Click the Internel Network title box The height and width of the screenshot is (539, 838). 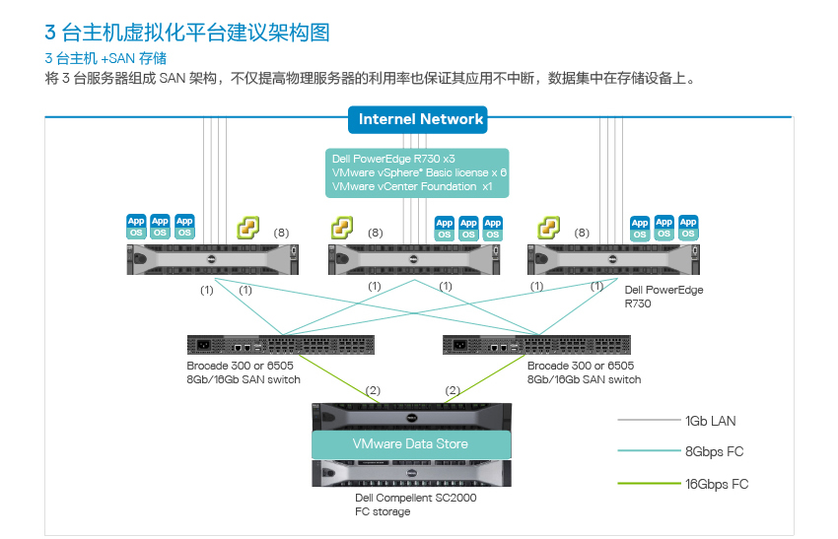click(x=417, y=119)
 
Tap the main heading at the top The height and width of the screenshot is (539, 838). click(x=187, y=33)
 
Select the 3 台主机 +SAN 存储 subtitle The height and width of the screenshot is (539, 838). click(x=105, y=58)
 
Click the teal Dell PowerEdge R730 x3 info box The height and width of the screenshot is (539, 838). click(x=417, y=173)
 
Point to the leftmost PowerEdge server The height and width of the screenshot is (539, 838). click(x=213, y=259)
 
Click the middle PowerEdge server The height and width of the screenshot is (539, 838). click(x=414, y=259)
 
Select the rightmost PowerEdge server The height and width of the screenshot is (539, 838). click(x=613, y=259)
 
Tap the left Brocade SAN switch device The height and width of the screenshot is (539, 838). click(x=281, y=345)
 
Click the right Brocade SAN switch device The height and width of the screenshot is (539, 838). click(x=536, y=345)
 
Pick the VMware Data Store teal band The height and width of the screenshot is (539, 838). click(x=411, y=444)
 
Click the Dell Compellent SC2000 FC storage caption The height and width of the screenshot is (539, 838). click(x=416, y=505)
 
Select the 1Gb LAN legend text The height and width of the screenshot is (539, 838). click(x=710, y=421)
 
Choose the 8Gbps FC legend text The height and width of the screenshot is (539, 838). click(x=714, y=452)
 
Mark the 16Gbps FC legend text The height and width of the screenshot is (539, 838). click(x=717, y=484)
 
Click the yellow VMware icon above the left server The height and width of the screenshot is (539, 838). click(x=248, y=228)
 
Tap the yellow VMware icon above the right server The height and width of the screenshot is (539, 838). click(x=549, y=228)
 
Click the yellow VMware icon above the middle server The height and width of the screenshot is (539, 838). click(x=342, y=228)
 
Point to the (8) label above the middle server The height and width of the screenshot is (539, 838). click(x=376, y=233)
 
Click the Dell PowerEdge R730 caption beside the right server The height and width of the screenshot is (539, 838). click(x=663, y=297)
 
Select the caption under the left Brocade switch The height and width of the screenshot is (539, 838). click(x=244, y=372)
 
